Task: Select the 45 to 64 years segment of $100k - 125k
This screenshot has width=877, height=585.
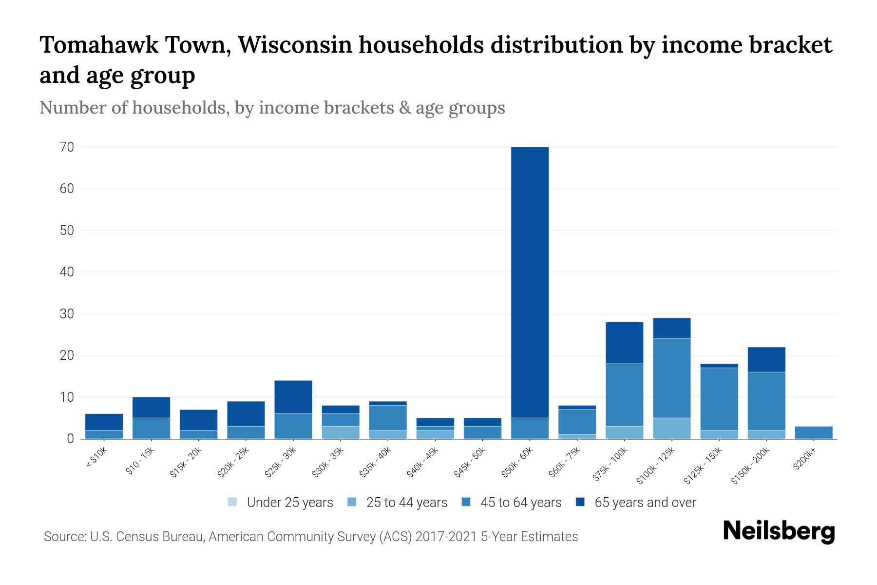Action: pyautogui.click(x=671, y=378)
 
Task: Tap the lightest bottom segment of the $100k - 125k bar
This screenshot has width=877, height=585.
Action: pyautogui.click(x=671, y=428)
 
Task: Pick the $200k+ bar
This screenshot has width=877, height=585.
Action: pyautogui.click(x=813, y=432)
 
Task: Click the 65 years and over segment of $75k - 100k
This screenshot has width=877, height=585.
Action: pyautogui.click(x=624, y=343)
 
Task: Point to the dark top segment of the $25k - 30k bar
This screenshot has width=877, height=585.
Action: pyautogui.click(x=293, y=397)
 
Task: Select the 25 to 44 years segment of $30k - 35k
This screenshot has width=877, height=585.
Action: pyautogui.click(x=341, y=432)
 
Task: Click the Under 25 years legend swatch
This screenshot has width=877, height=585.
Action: pyautogui.click(x=233, y=502)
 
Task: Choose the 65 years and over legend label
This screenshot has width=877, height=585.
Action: pyautogui.click(x=645, y=502)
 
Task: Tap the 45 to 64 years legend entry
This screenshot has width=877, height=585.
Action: pyautogui.click(x=521, y=502)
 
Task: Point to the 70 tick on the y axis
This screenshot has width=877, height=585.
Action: pyautogui.click(x=67, y=147)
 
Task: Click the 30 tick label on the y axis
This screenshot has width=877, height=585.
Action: pyautogui.click(x=67, y=313)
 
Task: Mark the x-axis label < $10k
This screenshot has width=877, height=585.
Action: pyautogui.click(x=96, y=458)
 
